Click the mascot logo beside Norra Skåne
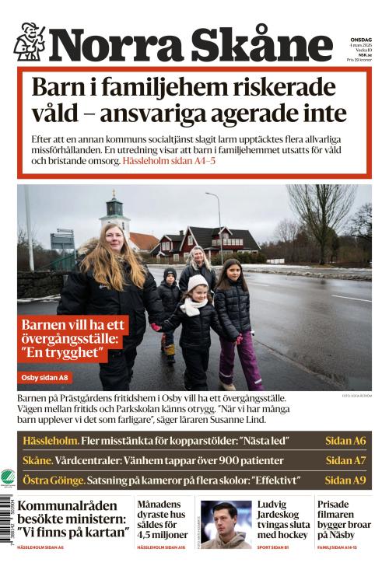(30, 42)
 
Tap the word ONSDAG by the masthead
(360, 38)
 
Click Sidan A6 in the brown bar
(345, 441)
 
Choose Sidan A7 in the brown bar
(345, 460)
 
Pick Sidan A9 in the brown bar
(345, 480)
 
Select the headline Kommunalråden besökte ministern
(73, 519)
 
